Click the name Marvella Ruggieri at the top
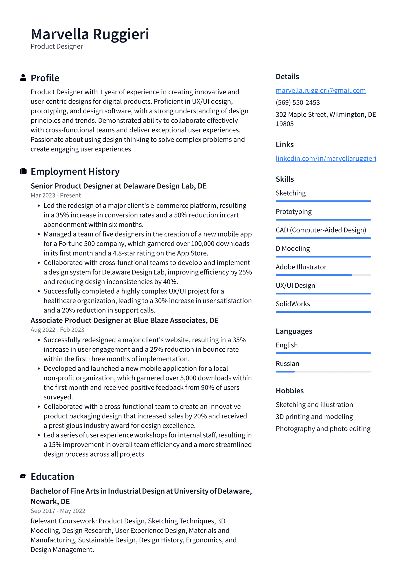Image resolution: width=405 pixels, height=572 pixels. (90, 34)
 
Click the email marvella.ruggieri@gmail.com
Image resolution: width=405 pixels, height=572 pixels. (320, 90)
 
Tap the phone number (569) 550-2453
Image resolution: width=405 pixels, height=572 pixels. (298, 102)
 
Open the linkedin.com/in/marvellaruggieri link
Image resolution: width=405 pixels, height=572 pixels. (326, 158)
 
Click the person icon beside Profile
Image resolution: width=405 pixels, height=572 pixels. (23, 78)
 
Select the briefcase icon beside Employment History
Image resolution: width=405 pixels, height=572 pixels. (23, 171)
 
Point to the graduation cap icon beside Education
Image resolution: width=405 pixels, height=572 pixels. (23, 476)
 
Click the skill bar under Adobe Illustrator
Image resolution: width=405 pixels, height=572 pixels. (323, 275)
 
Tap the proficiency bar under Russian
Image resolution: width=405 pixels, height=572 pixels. (323, 372)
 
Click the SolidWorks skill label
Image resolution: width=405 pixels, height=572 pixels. (293, 304)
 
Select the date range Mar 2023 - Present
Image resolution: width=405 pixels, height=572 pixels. (56, 195)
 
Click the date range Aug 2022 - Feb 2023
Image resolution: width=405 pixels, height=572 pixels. (57, 330)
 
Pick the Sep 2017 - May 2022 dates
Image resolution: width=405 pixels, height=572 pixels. (58, 511)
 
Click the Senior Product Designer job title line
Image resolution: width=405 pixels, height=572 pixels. (118, 186)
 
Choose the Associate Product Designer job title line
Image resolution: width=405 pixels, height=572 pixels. (124, 320)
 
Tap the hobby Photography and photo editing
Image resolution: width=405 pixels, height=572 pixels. (323, 429)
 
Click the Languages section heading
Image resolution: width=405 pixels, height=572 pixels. (294, 331)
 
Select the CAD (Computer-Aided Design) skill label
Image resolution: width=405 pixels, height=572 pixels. (321, 230)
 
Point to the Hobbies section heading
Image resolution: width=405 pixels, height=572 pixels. (290, 391)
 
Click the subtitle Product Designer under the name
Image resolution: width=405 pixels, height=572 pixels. (57, 46)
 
